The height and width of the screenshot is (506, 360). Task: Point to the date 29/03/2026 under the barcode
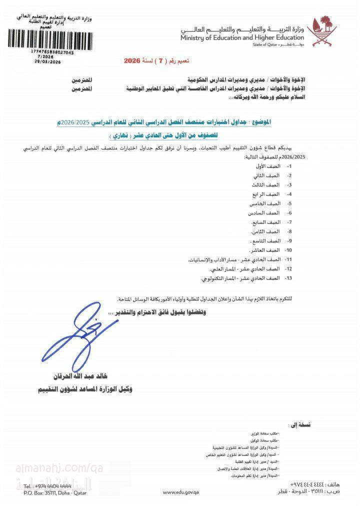(48, 61)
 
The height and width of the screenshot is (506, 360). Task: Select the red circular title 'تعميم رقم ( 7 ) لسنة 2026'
(156, 61)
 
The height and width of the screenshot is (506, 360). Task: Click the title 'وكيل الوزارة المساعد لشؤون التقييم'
(85, 388)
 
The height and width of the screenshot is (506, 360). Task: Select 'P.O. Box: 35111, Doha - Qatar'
(55, 492)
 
